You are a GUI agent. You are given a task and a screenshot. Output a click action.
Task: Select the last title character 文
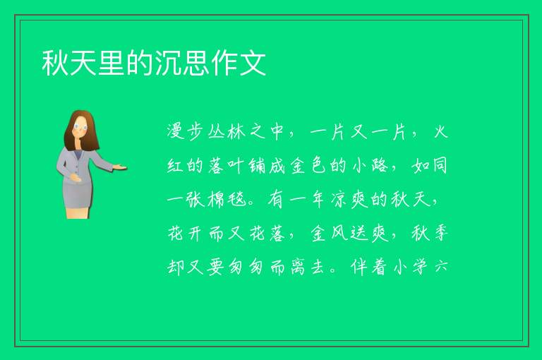click(253, 63)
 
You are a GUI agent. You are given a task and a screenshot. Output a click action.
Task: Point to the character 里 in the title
click(112, 63)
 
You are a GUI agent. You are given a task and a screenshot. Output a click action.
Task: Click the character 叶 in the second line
click(237, 166)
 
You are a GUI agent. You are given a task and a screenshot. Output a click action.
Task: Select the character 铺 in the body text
click(258, 166)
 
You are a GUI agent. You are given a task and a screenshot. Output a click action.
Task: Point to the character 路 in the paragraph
click(380, 166)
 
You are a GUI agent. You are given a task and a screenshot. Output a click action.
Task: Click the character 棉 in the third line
click(217, 200)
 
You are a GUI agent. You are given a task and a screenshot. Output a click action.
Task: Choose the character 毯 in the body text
click(237, 200)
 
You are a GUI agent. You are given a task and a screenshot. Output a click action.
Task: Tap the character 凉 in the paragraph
click(339, 200)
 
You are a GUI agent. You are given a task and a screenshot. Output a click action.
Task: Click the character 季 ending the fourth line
click(440, 233)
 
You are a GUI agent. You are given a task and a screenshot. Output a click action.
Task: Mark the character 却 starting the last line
click(176, 267)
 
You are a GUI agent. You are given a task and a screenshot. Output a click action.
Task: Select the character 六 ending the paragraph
click(441, 267)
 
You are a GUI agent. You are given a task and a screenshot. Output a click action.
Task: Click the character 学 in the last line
click(421, 267)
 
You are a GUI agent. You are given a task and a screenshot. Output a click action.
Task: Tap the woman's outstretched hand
click(120, 167)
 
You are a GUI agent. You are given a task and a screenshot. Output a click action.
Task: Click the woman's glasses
click(80, 127)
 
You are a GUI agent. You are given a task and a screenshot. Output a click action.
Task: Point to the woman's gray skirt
click(78, 196)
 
